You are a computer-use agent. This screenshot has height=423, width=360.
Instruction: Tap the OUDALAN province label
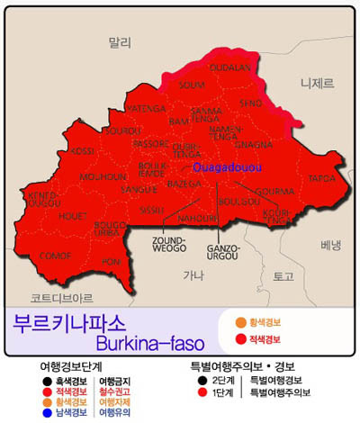[x=229, y=67]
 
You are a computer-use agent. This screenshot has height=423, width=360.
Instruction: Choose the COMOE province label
[x=56, y=255]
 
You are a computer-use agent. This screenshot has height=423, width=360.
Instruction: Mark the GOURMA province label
[x=276, y=192]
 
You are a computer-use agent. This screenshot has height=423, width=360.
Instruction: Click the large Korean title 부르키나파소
[x=70, y=322]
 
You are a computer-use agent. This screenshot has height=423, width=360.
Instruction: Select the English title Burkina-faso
[x=148, y=342]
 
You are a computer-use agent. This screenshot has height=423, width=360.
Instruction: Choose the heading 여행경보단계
[x=71, y=367]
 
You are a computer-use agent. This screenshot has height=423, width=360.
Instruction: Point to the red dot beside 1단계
[x=203, y=392]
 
